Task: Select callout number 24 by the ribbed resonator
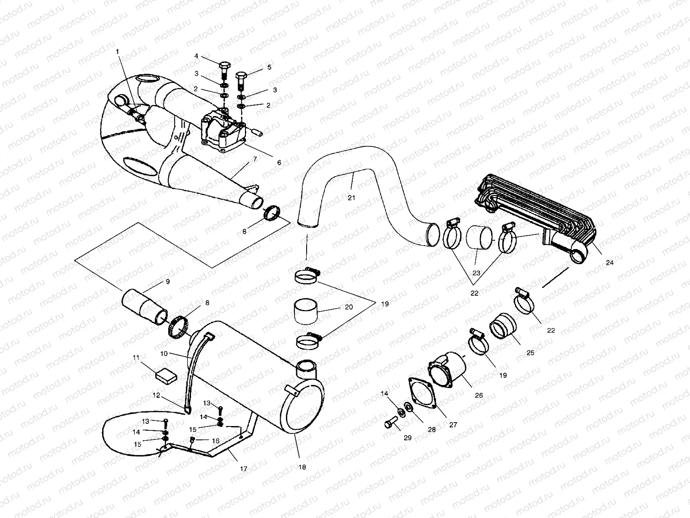pyautogui.click(x=609, y=262)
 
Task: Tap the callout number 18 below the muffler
pyautogui.click(x=302, y=467)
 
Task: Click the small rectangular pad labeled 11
pyautogui.click(x=166, y=375)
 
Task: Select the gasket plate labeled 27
pyautogui.click(x=422, y=391)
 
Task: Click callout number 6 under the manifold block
pyautogui.click(x=279, y=163)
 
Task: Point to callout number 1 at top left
pyautogui.click(x=117, y=51)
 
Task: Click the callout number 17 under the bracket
pyautogui.click(x=244, y=468)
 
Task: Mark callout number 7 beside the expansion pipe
pyautogui.click(x=255, y=159)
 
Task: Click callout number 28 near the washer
pyautogui.click(x=432, y=430)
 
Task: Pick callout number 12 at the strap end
pyautogui.click(x=156, y=395)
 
